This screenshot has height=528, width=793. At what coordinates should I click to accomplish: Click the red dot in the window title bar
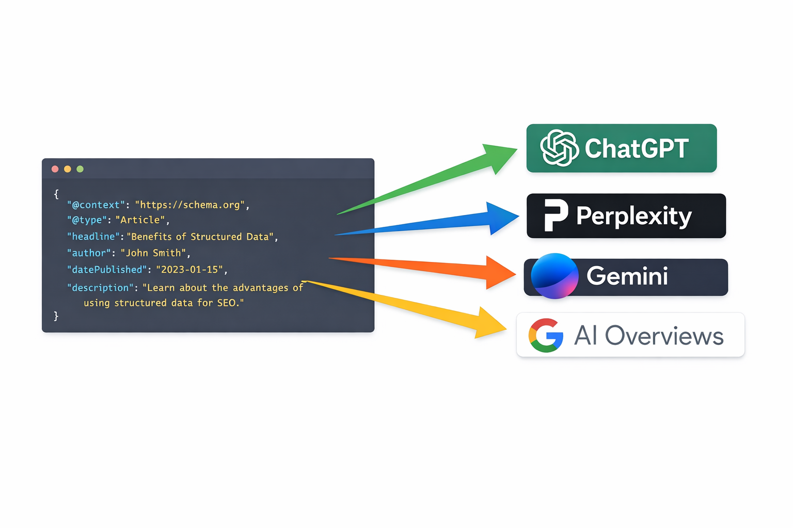[55, 169]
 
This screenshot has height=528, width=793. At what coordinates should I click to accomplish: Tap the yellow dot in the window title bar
[68, 169]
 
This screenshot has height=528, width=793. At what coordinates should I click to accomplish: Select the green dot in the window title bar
[80, 169]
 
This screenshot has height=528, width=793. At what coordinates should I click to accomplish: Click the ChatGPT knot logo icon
[559, 148]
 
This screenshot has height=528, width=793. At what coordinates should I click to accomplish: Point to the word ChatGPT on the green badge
[637, 148]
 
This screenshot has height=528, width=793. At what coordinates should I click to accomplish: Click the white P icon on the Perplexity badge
[556, 215]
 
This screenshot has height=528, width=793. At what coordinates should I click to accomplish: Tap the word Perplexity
[633, 216]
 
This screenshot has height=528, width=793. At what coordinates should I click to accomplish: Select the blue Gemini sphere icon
[554, 276]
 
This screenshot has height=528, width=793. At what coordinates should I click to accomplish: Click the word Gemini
[627, 276]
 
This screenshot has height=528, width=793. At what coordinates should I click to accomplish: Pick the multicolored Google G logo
[546, 335]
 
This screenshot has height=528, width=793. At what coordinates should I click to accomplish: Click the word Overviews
[664, 336]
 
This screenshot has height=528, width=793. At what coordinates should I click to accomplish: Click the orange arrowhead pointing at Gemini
[499, 272]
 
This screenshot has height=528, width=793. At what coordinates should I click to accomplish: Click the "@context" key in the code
[96, 205]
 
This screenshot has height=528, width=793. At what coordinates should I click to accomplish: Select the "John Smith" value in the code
[153, 253]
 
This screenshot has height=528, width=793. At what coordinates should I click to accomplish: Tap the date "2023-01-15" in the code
[189, 270]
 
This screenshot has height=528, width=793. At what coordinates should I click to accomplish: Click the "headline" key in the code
[93, 237]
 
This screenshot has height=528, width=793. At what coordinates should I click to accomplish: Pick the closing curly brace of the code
[56, 316]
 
